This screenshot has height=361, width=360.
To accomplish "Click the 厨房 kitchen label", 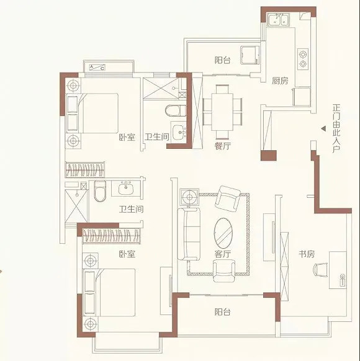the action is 280,81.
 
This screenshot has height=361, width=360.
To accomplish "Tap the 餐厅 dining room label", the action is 222,146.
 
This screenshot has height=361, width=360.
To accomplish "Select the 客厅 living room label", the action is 222,254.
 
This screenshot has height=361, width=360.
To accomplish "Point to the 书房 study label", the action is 307,254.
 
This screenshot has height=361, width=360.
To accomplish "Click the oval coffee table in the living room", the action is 223,233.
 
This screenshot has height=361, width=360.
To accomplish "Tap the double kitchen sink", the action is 278,19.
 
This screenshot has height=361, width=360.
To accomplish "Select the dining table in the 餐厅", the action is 222,112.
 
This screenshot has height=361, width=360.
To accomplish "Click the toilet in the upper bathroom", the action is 176,110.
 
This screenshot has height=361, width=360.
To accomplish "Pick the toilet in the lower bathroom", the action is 100,191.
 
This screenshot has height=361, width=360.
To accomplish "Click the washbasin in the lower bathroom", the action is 126,189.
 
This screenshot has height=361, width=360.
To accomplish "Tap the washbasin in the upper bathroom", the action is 179,132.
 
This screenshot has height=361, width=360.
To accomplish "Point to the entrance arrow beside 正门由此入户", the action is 324,129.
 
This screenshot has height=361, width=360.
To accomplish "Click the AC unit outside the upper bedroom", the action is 97,67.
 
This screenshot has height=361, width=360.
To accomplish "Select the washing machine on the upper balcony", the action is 250,55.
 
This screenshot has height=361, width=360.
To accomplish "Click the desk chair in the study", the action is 320,269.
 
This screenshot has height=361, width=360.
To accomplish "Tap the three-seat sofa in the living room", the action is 189,234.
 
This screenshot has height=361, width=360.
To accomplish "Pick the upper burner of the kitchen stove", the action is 303,55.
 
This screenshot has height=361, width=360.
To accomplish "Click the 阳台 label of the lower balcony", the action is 222,312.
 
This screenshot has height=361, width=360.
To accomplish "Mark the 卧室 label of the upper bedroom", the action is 127,138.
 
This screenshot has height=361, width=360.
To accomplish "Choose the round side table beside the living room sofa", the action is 189,197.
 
